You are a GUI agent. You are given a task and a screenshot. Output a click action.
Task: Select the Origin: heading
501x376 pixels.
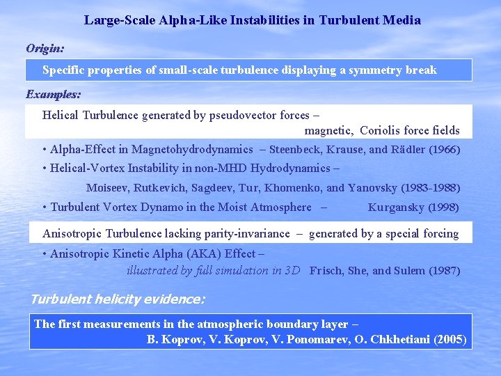(x=45, y=48)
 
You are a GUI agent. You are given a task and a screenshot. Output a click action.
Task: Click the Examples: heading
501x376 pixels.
(x=54, y=93)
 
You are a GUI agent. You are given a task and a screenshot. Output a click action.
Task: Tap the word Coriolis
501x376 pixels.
(x=381, y=130)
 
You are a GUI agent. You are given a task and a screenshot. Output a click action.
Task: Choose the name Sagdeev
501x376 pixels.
(x=211, y=188)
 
